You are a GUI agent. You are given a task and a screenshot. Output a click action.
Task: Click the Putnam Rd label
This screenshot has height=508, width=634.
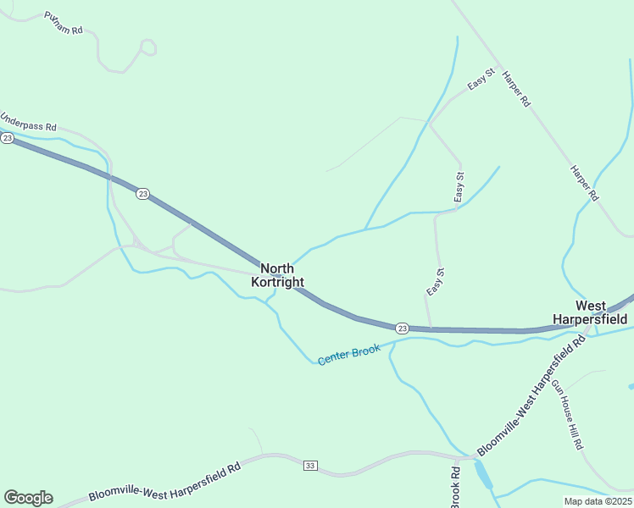pos(64,24)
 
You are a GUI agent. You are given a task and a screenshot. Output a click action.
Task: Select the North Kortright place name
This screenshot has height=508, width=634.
pos(277,275)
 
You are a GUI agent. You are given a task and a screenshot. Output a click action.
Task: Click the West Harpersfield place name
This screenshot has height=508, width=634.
pos(590,312)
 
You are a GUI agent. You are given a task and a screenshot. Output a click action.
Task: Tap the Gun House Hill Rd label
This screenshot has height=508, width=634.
pos(568,414)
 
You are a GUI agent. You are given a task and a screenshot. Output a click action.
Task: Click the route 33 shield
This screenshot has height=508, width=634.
pos(310,466)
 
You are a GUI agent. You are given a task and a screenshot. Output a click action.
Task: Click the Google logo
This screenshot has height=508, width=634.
pos(28,498)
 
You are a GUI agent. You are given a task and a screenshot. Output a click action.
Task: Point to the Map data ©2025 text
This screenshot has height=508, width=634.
pos(598,501)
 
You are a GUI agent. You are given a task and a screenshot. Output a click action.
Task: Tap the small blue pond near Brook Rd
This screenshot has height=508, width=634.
pos(482,475)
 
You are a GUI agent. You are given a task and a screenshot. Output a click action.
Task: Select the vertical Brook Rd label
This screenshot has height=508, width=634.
pos(455,488)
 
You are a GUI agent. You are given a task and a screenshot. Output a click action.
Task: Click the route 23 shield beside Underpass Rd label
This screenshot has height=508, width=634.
pos(7,138)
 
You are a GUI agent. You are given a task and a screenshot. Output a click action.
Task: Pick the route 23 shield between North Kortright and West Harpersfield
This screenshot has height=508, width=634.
pos(402,328)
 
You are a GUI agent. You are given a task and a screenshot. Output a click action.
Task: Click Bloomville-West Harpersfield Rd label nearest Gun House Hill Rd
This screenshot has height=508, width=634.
pos(531,395)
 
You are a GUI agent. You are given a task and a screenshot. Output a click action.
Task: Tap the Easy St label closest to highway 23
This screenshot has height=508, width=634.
pos(435,282)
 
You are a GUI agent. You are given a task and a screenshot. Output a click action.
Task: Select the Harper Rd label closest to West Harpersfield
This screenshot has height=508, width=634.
pos(585,184)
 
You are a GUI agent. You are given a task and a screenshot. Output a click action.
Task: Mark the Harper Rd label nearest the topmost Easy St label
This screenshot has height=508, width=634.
pos(515,88)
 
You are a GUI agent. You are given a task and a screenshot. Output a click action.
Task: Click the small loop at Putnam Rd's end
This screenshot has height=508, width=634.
pos(148,47)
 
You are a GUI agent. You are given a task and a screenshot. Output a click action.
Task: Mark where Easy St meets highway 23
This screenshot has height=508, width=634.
pos(431,328)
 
